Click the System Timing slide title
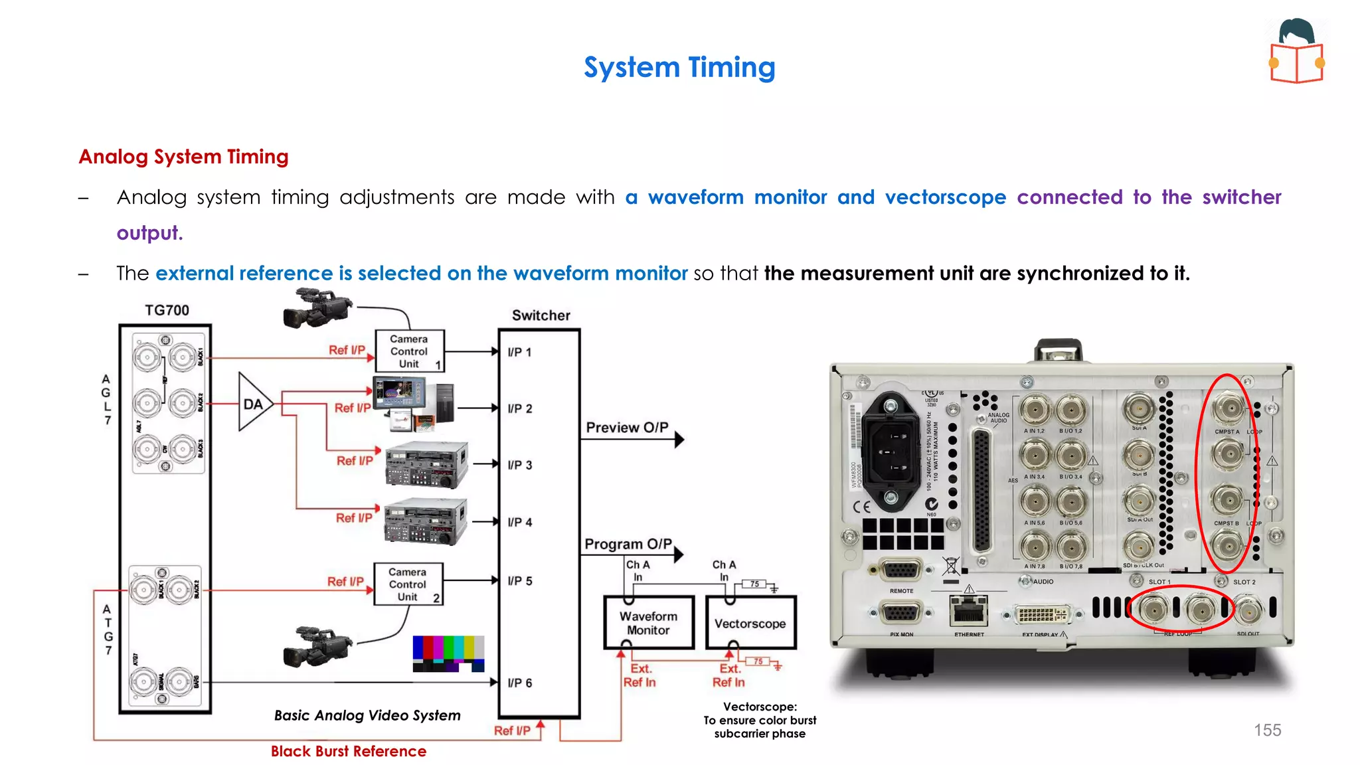point(679,68)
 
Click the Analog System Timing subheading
point(183,157)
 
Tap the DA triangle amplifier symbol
point(253,403)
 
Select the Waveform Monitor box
point(648,623)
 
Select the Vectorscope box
point(750,623)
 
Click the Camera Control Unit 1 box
point(409,351)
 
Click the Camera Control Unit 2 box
point(408,584)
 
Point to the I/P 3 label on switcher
point(519,465)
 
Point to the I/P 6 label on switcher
point(519,683)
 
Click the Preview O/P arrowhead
point(679,439)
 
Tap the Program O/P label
point(628,544)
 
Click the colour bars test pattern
point(448,653)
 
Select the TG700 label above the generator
point(167,310)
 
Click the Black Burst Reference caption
point(348,751)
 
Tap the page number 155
point(1267,730)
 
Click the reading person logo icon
point(1297,51)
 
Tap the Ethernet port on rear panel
point(968,610)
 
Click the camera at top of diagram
point(318,309)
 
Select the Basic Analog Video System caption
point(367,715)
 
